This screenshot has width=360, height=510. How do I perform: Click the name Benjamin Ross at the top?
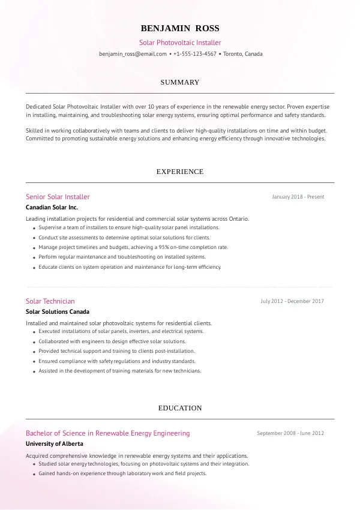coord(180,28)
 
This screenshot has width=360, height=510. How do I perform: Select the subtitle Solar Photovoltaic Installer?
coord(180,43)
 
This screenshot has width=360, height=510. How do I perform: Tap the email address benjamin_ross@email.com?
coord(133,54)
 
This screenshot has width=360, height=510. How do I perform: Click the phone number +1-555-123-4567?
coord(194,54)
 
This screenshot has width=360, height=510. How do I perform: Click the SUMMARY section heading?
coord(180,82)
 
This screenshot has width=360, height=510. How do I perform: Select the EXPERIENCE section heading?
coord(180,172)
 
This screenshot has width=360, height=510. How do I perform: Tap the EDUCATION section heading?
coord(180,408)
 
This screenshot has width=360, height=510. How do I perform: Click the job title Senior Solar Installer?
coord(58,197)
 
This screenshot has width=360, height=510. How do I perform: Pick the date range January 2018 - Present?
coord(298,197)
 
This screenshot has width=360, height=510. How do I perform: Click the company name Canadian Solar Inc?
coord(52,208)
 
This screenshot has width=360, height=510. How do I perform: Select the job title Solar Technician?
coord(50,301)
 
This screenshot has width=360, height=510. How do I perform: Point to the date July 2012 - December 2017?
coord(292,301)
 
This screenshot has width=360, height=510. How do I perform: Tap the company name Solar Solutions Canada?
coord(58,312)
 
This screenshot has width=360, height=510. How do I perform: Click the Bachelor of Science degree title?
coord(107,433)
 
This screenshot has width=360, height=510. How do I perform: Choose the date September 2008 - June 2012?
coord(290,433)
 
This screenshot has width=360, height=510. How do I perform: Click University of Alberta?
coord(55,444)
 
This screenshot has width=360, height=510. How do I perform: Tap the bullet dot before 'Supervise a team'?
coord(34,229)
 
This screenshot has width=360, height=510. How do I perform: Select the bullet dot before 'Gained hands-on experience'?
coord(34,475)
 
